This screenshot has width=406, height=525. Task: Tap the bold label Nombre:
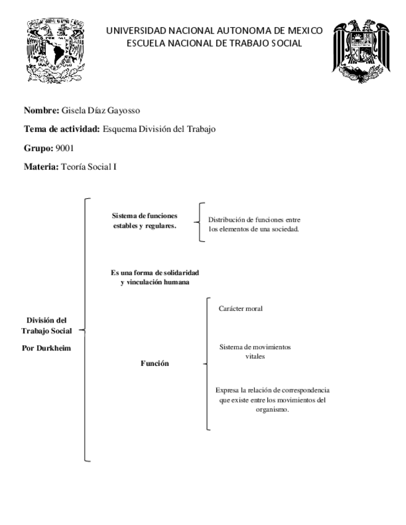pyautogui.click(x=41, y=111)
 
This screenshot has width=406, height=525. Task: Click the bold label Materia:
pyautogui.click(x=41, y=166)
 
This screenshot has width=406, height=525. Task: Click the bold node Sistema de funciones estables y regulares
pyautogui.click(x=145, y=220)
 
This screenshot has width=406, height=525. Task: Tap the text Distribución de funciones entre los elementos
pyautogui.click(x=254, y=224)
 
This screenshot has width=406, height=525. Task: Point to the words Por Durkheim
pyautogui.click(x=46, y=348)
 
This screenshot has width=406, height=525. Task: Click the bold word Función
pyautogui.click(x=155, y=364)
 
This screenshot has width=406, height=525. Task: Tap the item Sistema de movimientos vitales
pyautogui.click(x=255, y=352)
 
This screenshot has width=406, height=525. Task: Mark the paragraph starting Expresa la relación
pyautogui.click(x=272, y=399)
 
